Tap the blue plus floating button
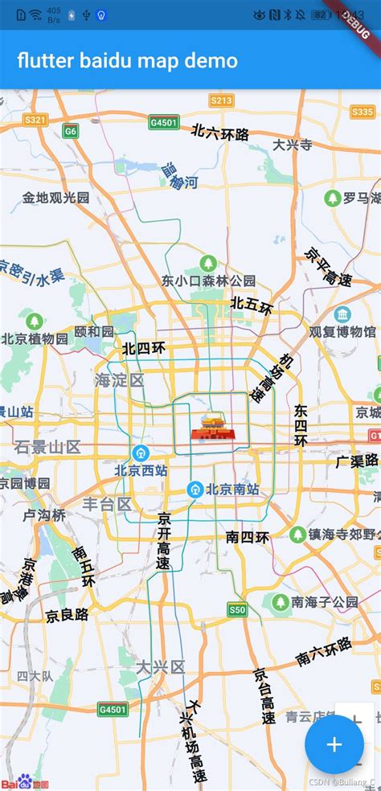pyautogui.click(x=334, y=744)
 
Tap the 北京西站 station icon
pyautogui.click(x=141, y=453)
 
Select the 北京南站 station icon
pyautogui.click(x=195, y=489)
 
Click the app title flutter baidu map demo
pyautogui.click(x=127, y=60)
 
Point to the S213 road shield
pyautogui.click(x=221, y=100)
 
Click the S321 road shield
pyautogui.click(x=35, y=120)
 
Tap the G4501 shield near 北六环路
pyautogui.click(x=165, y=123)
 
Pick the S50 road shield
pyautogui.click(x=236, y=609)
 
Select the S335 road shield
pyautogui.click(x=363, y=112)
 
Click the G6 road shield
pyautogui.click(x=72, y=130)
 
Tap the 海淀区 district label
pyautogui.click(x=119, y=380)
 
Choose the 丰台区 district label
pyautogui.click(x=107, y=504)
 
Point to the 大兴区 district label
pyautogui.click(x=160, y=666)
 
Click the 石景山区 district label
pyautogui.click(x=47, y=446)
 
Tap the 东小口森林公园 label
pyautogui.click(x=208, y=281)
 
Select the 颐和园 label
pyautogui.click(x=94, y=331)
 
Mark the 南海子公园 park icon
pyautogui.click(x=281, y=601)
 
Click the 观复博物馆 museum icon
pyautogui.click(x=343, y=314)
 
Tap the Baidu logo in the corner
pyautogui.click(x=24, y=781)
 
